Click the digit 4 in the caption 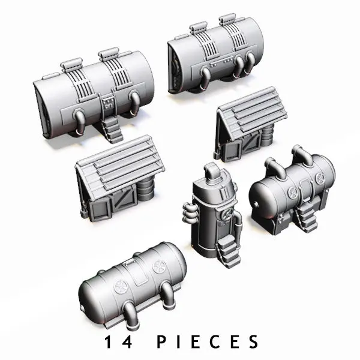tap(126, 342)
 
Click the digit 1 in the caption tap(108, 342)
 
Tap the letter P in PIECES tap(163, 342)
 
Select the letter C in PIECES tap(215, 342)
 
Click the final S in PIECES tap(253, 342)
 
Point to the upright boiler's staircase tap(228, 251)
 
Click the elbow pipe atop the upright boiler tap(211, 171)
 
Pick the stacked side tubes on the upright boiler tap(190, 213)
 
